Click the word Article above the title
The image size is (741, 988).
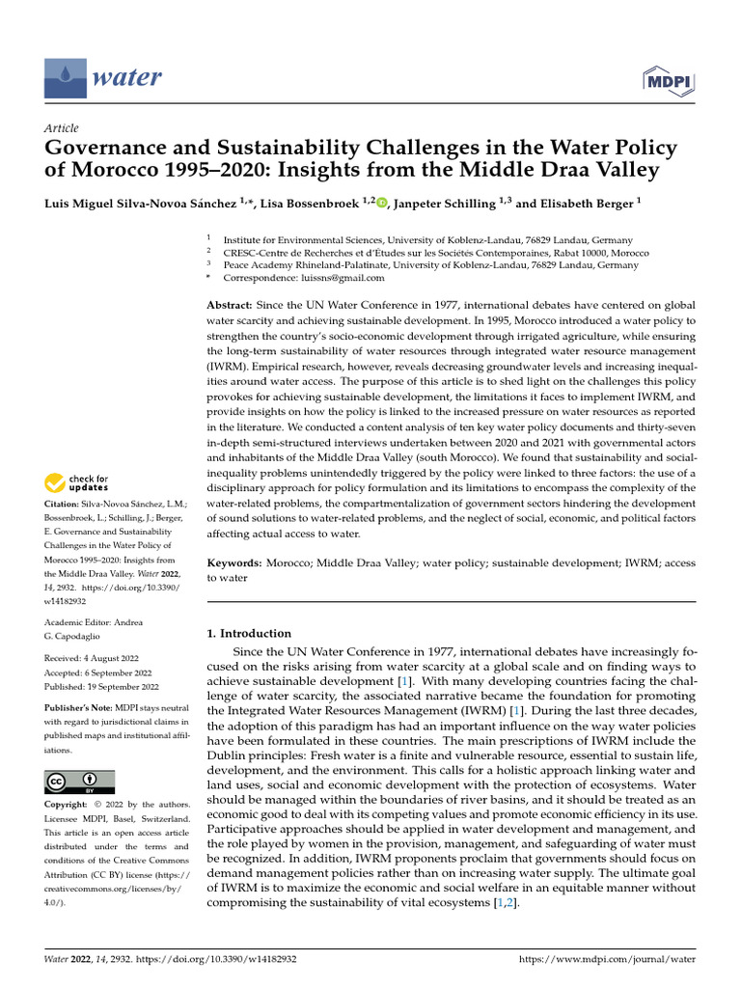click(x=62, y=127)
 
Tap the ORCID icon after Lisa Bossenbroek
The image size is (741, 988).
click(x=382, y=202)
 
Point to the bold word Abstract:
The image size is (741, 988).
click(x=232, y=304)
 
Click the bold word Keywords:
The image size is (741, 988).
click(x=236, y=562)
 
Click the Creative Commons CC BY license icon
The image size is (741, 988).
click(x=79, y=782)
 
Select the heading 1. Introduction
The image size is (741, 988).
click(x=249, y=634)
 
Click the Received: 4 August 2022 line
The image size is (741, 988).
click(x=99, y=659)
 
